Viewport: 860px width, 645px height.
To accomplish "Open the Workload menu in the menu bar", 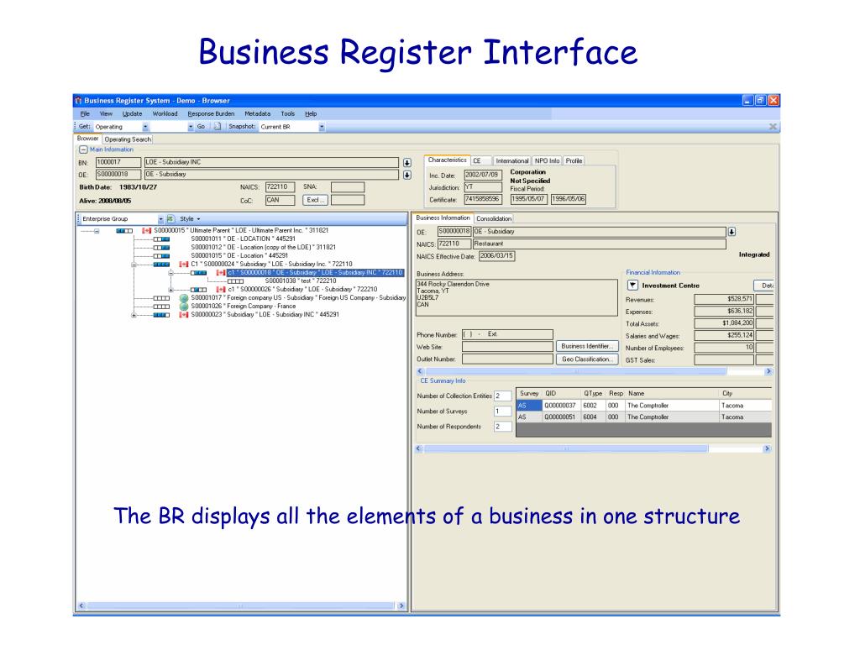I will coord(165,113).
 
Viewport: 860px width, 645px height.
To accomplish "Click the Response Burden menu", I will coord(211,113).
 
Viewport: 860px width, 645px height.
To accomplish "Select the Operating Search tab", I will coord(128,139).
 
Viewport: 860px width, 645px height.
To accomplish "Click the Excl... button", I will coord(317,200).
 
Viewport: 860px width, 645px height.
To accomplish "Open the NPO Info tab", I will coord(547,160).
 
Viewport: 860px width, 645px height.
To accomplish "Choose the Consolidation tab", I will coord(493,218).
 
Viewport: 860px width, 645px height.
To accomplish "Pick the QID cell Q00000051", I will coord(560,416).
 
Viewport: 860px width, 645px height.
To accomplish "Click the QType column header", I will coord(593,393).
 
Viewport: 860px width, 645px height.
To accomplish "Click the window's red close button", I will coord(773,101).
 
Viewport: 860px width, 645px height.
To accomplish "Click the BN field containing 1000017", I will coord(118,162).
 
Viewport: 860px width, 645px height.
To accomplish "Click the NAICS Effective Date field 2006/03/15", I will coord(496,255).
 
